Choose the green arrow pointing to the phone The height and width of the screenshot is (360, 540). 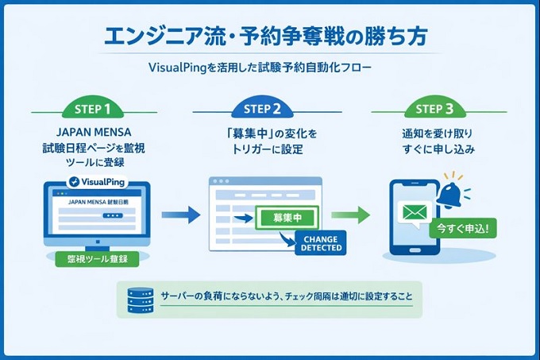pos(349,215)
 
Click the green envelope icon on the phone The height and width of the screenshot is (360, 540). pos(415,214)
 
